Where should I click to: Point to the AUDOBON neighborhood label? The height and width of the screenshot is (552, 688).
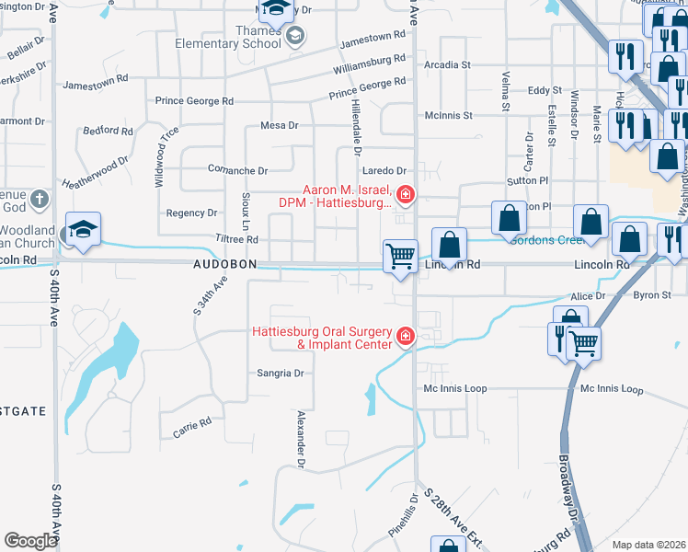224,264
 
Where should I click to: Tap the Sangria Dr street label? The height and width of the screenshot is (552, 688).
280,374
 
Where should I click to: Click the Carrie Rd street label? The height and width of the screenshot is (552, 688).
192,427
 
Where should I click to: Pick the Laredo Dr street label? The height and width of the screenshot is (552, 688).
384,171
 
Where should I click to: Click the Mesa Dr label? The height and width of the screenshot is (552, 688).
281,125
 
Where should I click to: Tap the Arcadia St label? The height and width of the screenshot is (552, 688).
447,65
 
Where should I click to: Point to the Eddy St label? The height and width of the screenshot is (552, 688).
544,90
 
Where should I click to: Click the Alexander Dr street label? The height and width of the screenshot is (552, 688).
300,438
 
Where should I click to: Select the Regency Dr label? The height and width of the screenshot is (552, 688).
191,213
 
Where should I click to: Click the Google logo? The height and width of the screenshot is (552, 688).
30,540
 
